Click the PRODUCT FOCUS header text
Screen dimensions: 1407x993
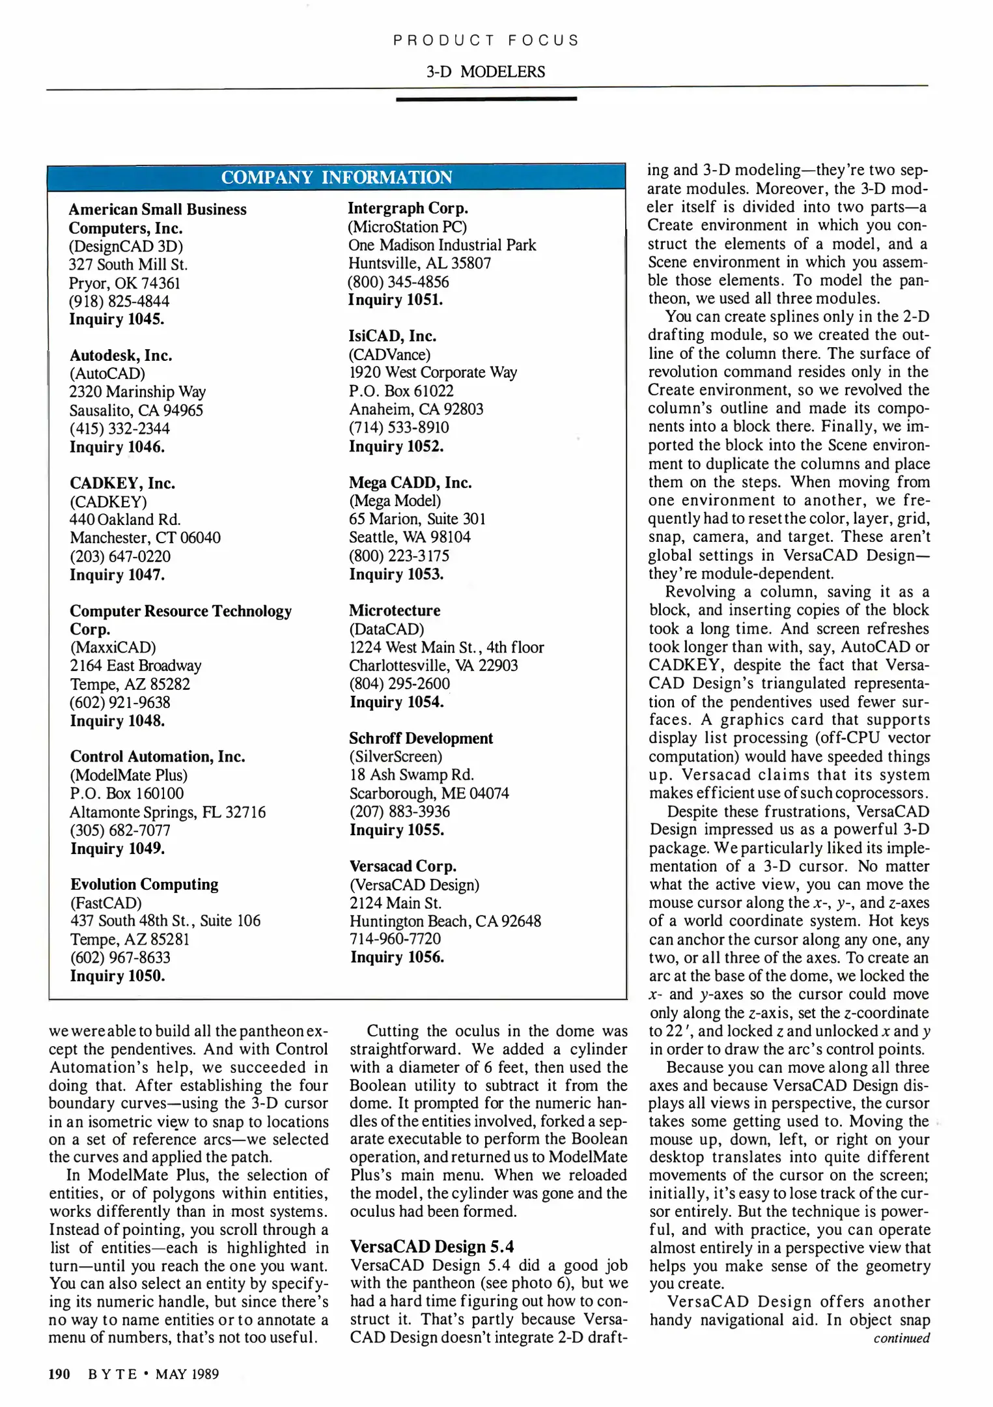[486, 40]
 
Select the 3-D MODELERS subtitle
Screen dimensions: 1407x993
[486, 72]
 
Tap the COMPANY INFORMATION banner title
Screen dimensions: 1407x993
[337, 177]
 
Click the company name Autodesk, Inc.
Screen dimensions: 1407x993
[120, 355]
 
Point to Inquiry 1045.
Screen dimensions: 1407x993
[117, 319]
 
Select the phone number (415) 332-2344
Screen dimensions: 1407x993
[119, 429]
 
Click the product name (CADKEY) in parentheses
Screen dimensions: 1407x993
[108, 502]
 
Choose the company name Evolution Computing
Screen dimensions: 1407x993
[144, 884]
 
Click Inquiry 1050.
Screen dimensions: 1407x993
[117, 976]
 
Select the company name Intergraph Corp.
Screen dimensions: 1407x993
[408, 208]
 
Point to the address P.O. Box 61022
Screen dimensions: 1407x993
[401, 391]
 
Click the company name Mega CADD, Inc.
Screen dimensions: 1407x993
[410, 483]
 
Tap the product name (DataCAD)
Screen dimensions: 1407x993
[386, 629]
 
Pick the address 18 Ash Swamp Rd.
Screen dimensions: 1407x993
[412, 775]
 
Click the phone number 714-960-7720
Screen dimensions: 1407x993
[395, 939]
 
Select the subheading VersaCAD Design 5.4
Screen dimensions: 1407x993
[432, 1246]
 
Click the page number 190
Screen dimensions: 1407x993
[59, 1374]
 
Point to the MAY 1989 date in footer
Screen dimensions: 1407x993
[187, 1374]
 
